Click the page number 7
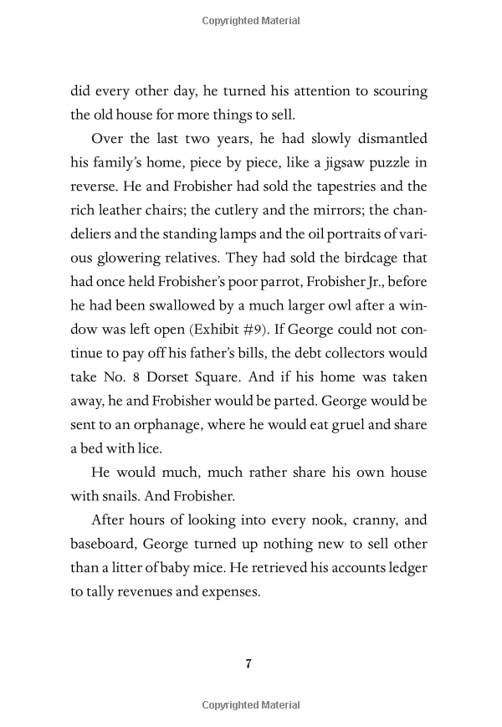click(x=248, y=664)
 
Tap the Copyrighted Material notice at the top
click(x=251, y=20)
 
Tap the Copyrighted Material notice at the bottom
click(x=251, y=706)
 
